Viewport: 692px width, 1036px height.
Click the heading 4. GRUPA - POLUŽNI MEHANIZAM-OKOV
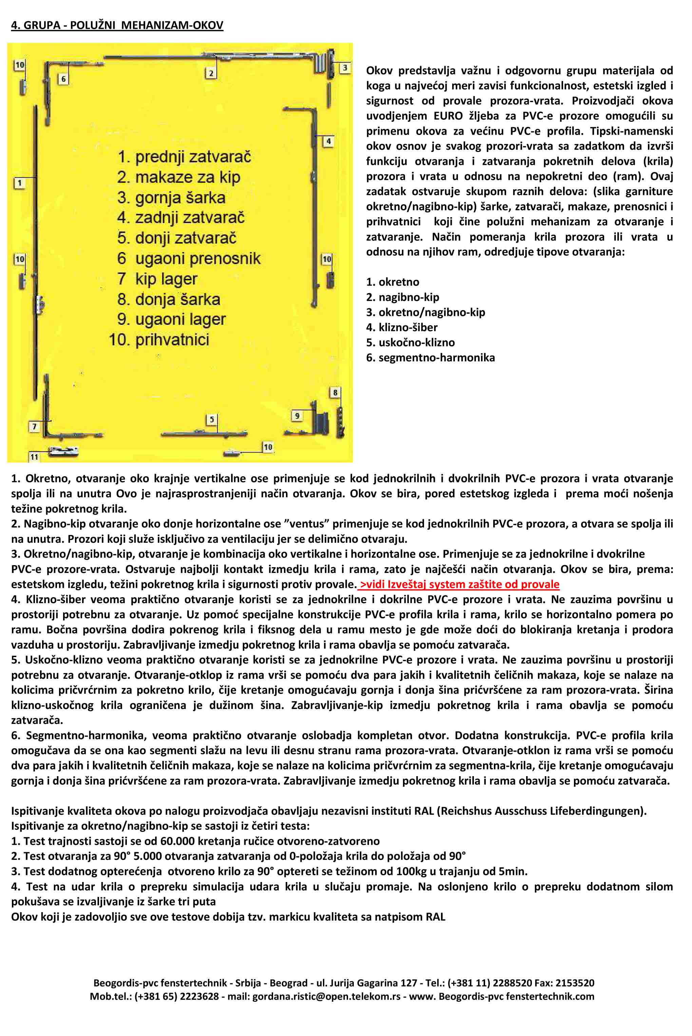pos(117,25)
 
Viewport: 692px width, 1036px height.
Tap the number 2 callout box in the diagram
pos(211,73)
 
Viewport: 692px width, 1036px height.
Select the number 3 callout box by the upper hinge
pos(345,68)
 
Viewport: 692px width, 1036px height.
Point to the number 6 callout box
pos(63,79)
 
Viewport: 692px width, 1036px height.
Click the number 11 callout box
pos(34,457)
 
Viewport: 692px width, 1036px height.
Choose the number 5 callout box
pos(212,419)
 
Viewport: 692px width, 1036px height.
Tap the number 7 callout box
pos(34,427)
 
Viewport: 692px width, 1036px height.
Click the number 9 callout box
pos(297,416)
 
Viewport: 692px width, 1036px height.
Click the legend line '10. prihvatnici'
pos(159,340)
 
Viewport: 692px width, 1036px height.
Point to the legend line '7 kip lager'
pos(157,279)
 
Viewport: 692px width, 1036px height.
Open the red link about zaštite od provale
pos(459,584)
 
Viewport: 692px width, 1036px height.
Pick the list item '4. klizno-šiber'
pos(402,327)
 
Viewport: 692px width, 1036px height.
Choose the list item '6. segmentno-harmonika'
pos(430,358)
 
